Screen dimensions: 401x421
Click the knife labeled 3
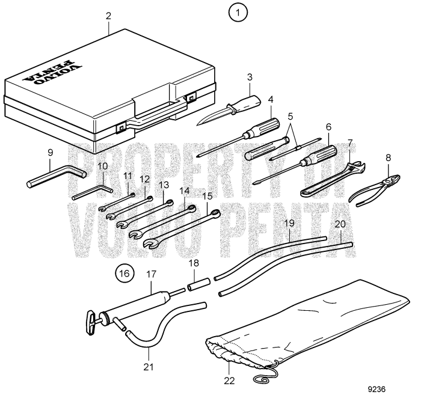[229, 108]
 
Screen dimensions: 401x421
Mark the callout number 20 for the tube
[340, 223]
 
